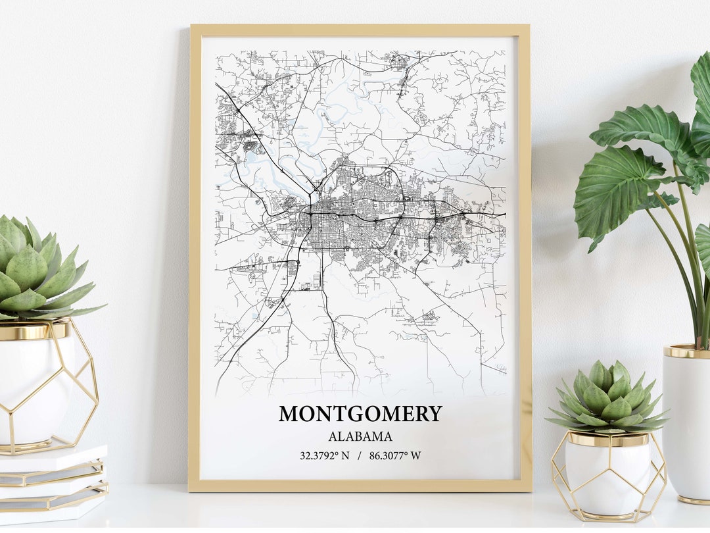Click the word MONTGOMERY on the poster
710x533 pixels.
click(x=360, y=414)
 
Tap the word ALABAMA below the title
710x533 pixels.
click(x=360, y=436)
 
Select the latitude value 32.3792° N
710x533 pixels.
click(x=325, y=455)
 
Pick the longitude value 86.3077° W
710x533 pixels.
click(x=395, y=455)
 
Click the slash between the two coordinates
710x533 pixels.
click(x=359, y=455)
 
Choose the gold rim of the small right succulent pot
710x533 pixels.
click(x=608, y=439)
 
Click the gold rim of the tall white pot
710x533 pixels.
click(x=687, y=351)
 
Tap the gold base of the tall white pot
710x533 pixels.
click(x=694, y=500)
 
